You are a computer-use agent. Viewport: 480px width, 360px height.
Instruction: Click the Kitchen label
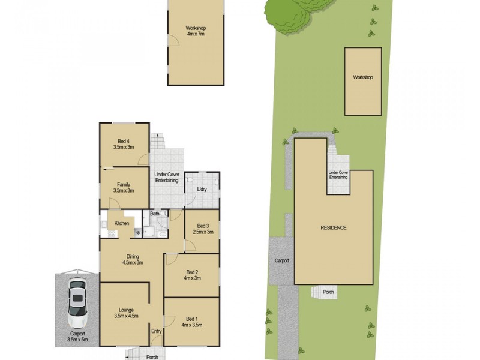pyautogui.click(x=122, y=224)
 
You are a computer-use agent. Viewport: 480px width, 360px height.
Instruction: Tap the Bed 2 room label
pyautogui.click(x=191, y=275)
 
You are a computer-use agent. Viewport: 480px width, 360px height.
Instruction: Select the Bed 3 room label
pyautogui.click(x=202, y=229)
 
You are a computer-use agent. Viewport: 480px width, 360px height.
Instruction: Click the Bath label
pyautogui.click(x=154, y=214)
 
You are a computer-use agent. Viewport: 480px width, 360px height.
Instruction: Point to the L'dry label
pyautogui.click(x=202, y=190)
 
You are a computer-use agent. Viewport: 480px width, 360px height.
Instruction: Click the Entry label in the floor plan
pyautogui.click(x=156, y=331)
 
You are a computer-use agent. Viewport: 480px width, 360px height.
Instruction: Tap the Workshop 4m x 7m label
pyautogui.click(x=196, y=31)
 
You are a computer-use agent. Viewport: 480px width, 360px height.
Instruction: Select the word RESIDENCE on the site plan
pyautogui.click(x=333, y=228)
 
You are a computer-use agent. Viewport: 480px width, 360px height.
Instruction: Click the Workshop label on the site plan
pyautogui.click(x=363, y=78)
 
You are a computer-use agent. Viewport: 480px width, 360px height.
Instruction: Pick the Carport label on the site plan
pyautogui.click(x=282, y=261)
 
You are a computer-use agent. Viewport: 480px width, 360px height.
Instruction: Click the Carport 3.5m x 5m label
pyautogui.click(x=77, y=337)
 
